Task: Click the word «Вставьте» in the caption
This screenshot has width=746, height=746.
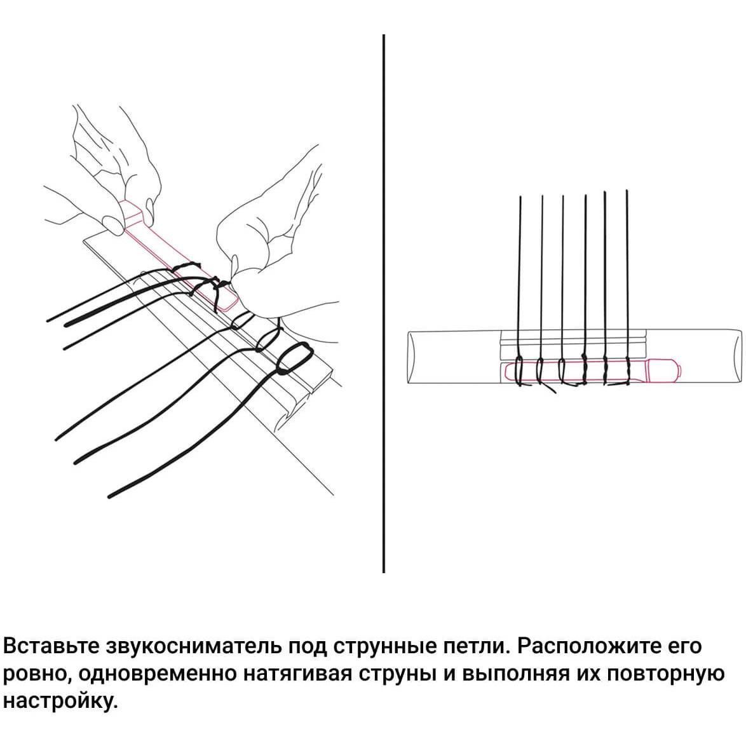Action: coord(51,646)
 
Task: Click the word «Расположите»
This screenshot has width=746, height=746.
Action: coord(588,646)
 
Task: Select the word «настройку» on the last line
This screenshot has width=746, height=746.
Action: coord(60,702)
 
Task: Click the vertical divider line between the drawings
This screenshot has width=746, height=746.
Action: coord(383,304)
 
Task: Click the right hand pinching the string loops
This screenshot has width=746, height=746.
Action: coord(276,247)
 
